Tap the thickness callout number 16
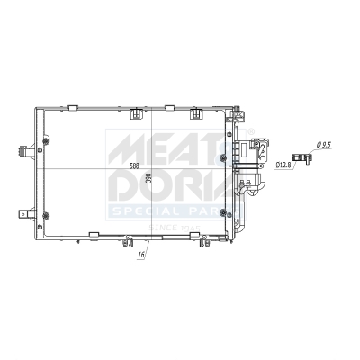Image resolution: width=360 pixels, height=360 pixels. click(142, 256)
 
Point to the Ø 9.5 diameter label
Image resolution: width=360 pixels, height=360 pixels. click(325, 146)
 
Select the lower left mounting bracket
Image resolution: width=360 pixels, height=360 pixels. click(20, 212)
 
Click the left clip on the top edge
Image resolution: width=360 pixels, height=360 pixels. click(137, 113)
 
